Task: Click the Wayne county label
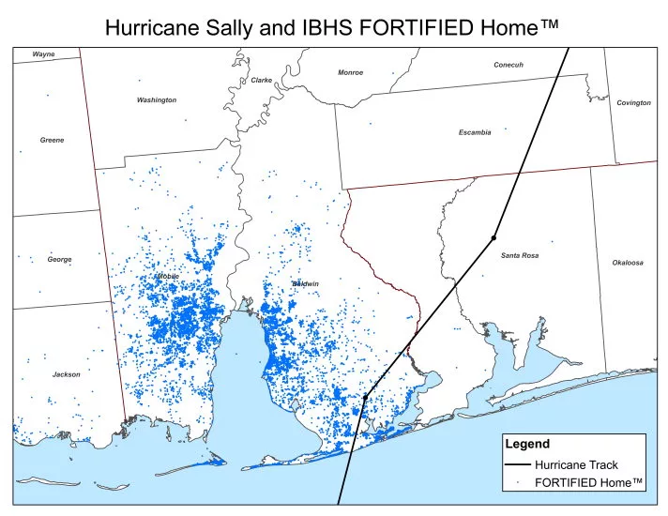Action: pyautogui.click(x=43, y=54)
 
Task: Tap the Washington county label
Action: pyautogui.click(x=156, y=99)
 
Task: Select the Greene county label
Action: pyautogui.click(x=52, y=140)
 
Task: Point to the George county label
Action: pyautogui.click(x=59, y=259)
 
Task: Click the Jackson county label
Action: pyautogui.click(x=66, y=374)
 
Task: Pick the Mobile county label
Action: pyautogui.click(x=166, y=277)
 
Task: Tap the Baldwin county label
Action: pyautogui.click(x=305, y=283)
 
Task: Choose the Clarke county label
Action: pyautogui.click(x=261, y=81)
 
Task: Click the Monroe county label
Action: pyautogui.click(x=350, y=72)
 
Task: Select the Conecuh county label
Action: pyautogui.click(x=508, y=65)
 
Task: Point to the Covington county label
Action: pyautogui.click(x=633, y=102)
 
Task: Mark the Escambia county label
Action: pyautogui.click(x=474, y=132)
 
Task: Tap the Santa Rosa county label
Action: pyautogui.click(x=519, y=255)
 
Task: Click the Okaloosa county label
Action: pyautogui.click(x=628, y=263)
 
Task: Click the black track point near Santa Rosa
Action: pyautogui.click(x=493, y=237)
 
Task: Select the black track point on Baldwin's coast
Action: pyautogui.click(x=365, y=398)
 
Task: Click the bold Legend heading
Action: pyautogui.click(x=526, y=443)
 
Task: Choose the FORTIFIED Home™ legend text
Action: pyautogui.click(x=588, y=482)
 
